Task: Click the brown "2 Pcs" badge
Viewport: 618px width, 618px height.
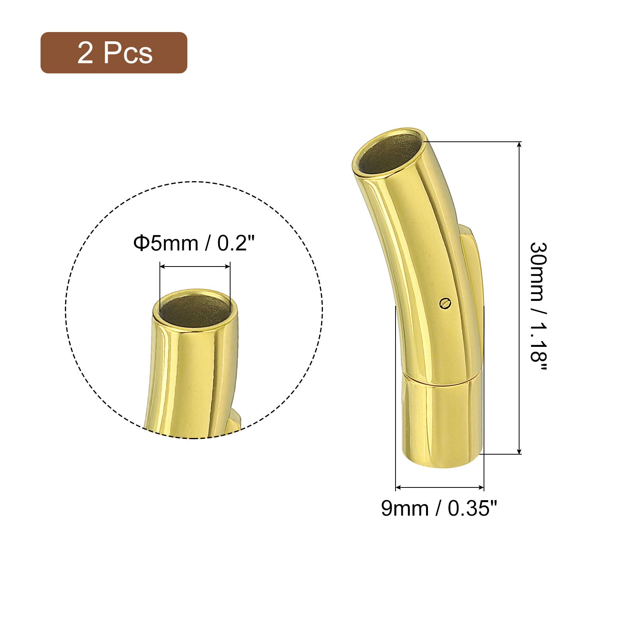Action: click(x=114, y=53)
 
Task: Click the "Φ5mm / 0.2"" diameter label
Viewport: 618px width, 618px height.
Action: click(x=194, y=243)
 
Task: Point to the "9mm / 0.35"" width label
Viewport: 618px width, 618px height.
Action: click(x=438, y=508)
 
